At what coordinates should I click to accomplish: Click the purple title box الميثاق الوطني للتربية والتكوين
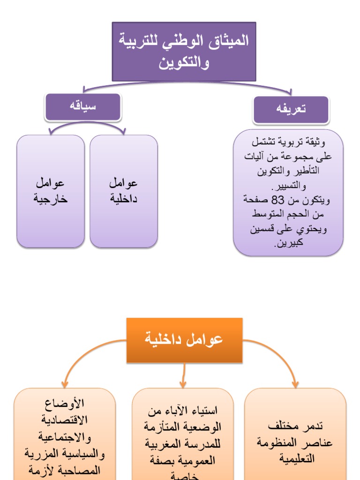pos(184,52)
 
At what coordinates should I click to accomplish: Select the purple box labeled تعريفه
pos(291,110)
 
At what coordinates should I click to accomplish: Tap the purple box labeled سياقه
pos(83,106)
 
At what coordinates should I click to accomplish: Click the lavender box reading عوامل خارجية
pos(51,191)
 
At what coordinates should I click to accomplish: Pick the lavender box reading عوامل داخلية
pos(124,191)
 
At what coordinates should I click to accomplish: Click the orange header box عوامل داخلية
pos(184,340)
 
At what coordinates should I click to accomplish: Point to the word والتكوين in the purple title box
pos(184,63)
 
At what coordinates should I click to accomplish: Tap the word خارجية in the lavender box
pos(51,199)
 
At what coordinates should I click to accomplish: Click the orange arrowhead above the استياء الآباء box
pos(184,384)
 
